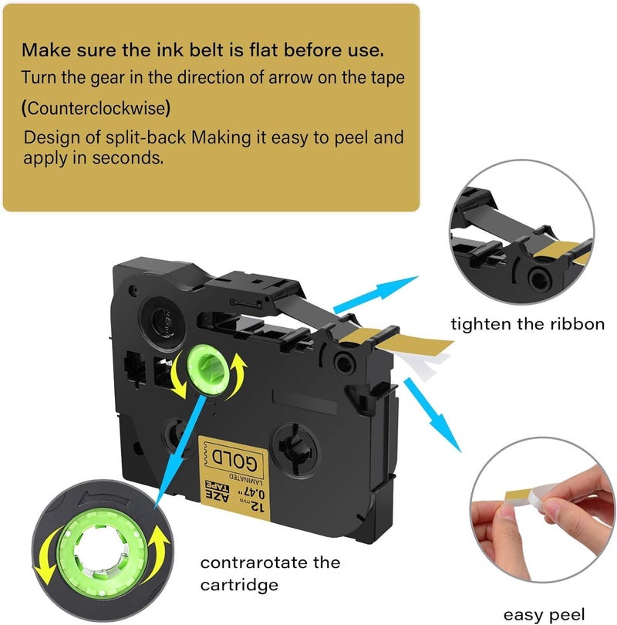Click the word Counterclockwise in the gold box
tap(96, 108)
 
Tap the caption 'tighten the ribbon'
tap(528, 324)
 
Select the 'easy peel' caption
tap(544, 615)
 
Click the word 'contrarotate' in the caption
tap(254, 562)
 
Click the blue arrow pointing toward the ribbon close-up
tap(376, 293)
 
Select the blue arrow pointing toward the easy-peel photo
tap(432, 414)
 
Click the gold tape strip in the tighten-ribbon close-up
tap(561, 252)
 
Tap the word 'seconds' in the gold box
tap(127, 158)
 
